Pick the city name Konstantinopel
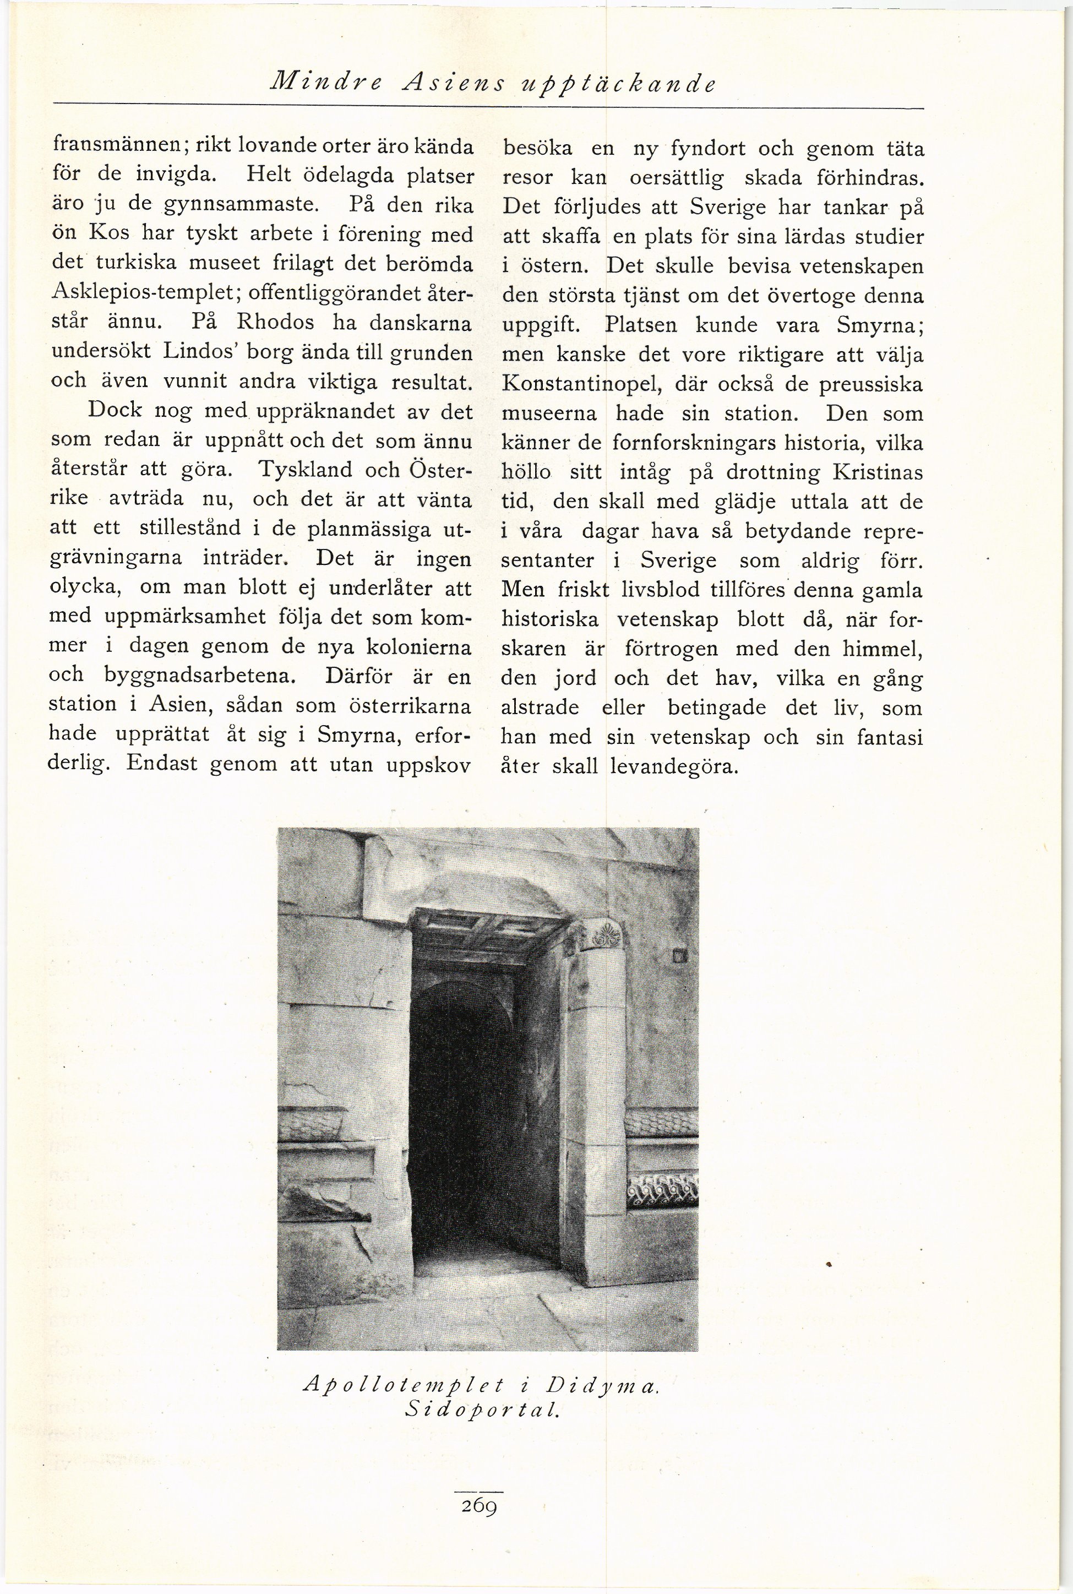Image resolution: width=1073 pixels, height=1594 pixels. [x=580, y=384]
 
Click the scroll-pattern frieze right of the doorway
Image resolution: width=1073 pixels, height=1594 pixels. [x=662, y=1191]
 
